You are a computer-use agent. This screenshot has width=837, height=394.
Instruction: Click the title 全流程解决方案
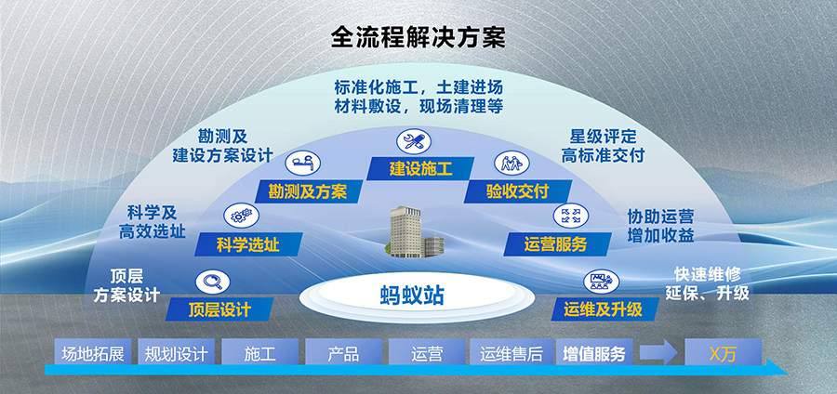(x=418, y=37)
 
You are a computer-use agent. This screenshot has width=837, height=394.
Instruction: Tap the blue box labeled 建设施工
(x=420, y=168)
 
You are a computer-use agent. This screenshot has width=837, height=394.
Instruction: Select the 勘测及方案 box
(x=308, y=191)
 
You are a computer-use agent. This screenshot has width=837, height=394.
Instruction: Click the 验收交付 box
(x=517, y=191)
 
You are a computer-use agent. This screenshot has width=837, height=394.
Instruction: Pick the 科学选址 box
(x=248, y=244)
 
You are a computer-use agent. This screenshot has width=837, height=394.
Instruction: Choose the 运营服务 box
(x=556, y=244)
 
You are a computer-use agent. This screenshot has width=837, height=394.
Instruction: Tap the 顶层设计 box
(x=219, y=309)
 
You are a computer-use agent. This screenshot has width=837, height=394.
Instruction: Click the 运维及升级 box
(x=604, y=309)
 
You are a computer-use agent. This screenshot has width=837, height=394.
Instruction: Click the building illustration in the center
(x=415, y=231)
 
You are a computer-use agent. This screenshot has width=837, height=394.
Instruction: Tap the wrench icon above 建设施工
(x=414, y=142)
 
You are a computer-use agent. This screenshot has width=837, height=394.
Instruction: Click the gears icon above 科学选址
(x=241, y=216)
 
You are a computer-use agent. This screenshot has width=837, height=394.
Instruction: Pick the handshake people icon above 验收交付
(x=511, y=163)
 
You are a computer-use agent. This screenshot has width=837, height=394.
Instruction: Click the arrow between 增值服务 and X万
(x=658, y=352)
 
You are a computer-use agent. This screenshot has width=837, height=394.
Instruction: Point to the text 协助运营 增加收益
(x=661, y=226)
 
